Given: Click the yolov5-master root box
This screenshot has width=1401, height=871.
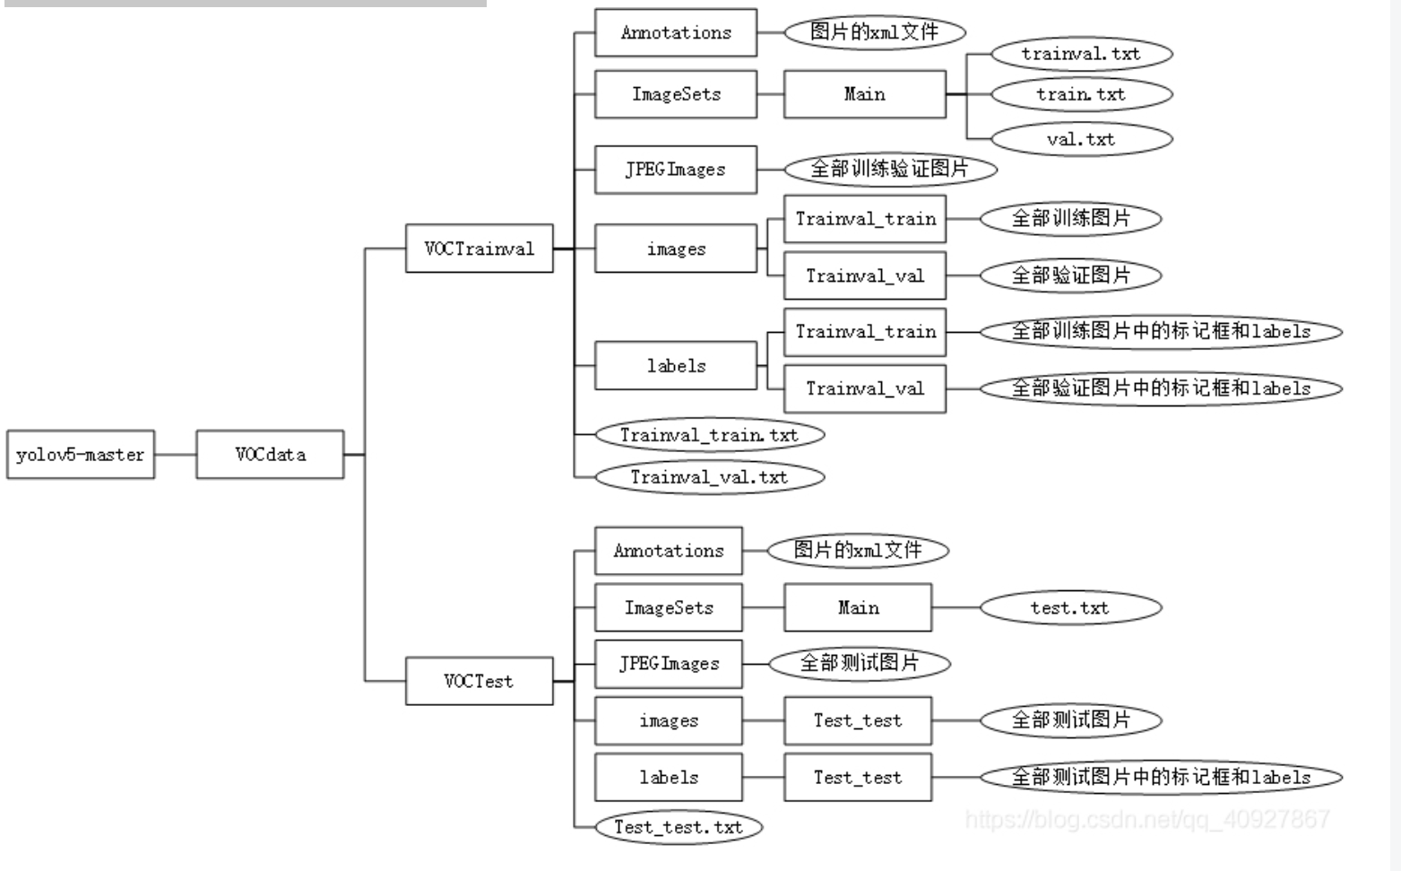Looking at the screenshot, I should (81, 455).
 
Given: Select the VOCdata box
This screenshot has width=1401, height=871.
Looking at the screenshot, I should (270, 455).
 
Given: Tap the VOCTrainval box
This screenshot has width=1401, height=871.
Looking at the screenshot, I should (479, 248).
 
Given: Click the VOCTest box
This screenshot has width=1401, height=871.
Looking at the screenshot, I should (479, 681).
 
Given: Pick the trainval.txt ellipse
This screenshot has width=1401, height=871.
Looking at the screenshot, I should (1081, 54).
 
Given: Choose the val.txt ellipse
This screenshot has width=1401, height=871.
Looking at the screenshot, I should (1081, 139).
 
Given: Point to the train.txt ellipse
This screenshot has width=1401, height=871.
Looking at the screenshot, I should (1081, 94).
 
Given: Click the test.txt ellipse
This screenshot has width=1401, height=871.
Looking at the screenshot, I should (1070, 608).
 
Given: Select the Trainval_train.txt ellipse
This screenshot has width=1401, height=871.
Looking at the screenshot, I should (709, 435).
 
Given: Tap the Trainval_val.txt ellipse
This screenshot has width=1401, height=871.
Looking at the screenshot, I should (709, 477).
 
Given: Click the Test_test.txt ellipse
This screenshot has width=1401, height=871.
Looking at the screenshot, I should (679, 827).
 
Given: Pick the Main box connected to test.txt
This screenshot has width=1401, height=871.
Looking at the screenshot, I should (858, 608).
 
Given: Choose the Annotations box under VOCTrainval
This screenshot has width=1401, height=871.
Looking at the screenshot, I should (676, 33).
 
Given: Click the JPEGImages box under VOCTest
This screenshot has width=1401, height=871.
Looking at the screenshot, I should (669, 664).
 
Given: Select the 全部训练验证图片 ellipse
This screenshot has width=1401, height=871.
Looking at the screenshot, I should (890, 169).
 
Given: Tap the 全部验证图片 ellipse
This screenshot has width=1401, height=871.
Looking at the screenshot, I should (1070, 275).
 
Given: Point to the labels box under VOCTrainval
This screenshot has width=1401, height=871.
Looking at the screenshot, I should (676, 366).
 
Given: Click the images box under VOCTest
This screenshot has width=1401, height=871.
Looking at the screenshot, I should (669, 720).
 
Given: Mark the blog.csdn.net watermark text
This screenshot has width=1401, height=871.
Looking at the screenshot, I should (1147, 819).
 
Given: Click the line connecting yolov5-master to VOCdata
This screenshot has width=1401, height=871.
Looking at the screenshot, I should (176, 455).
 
